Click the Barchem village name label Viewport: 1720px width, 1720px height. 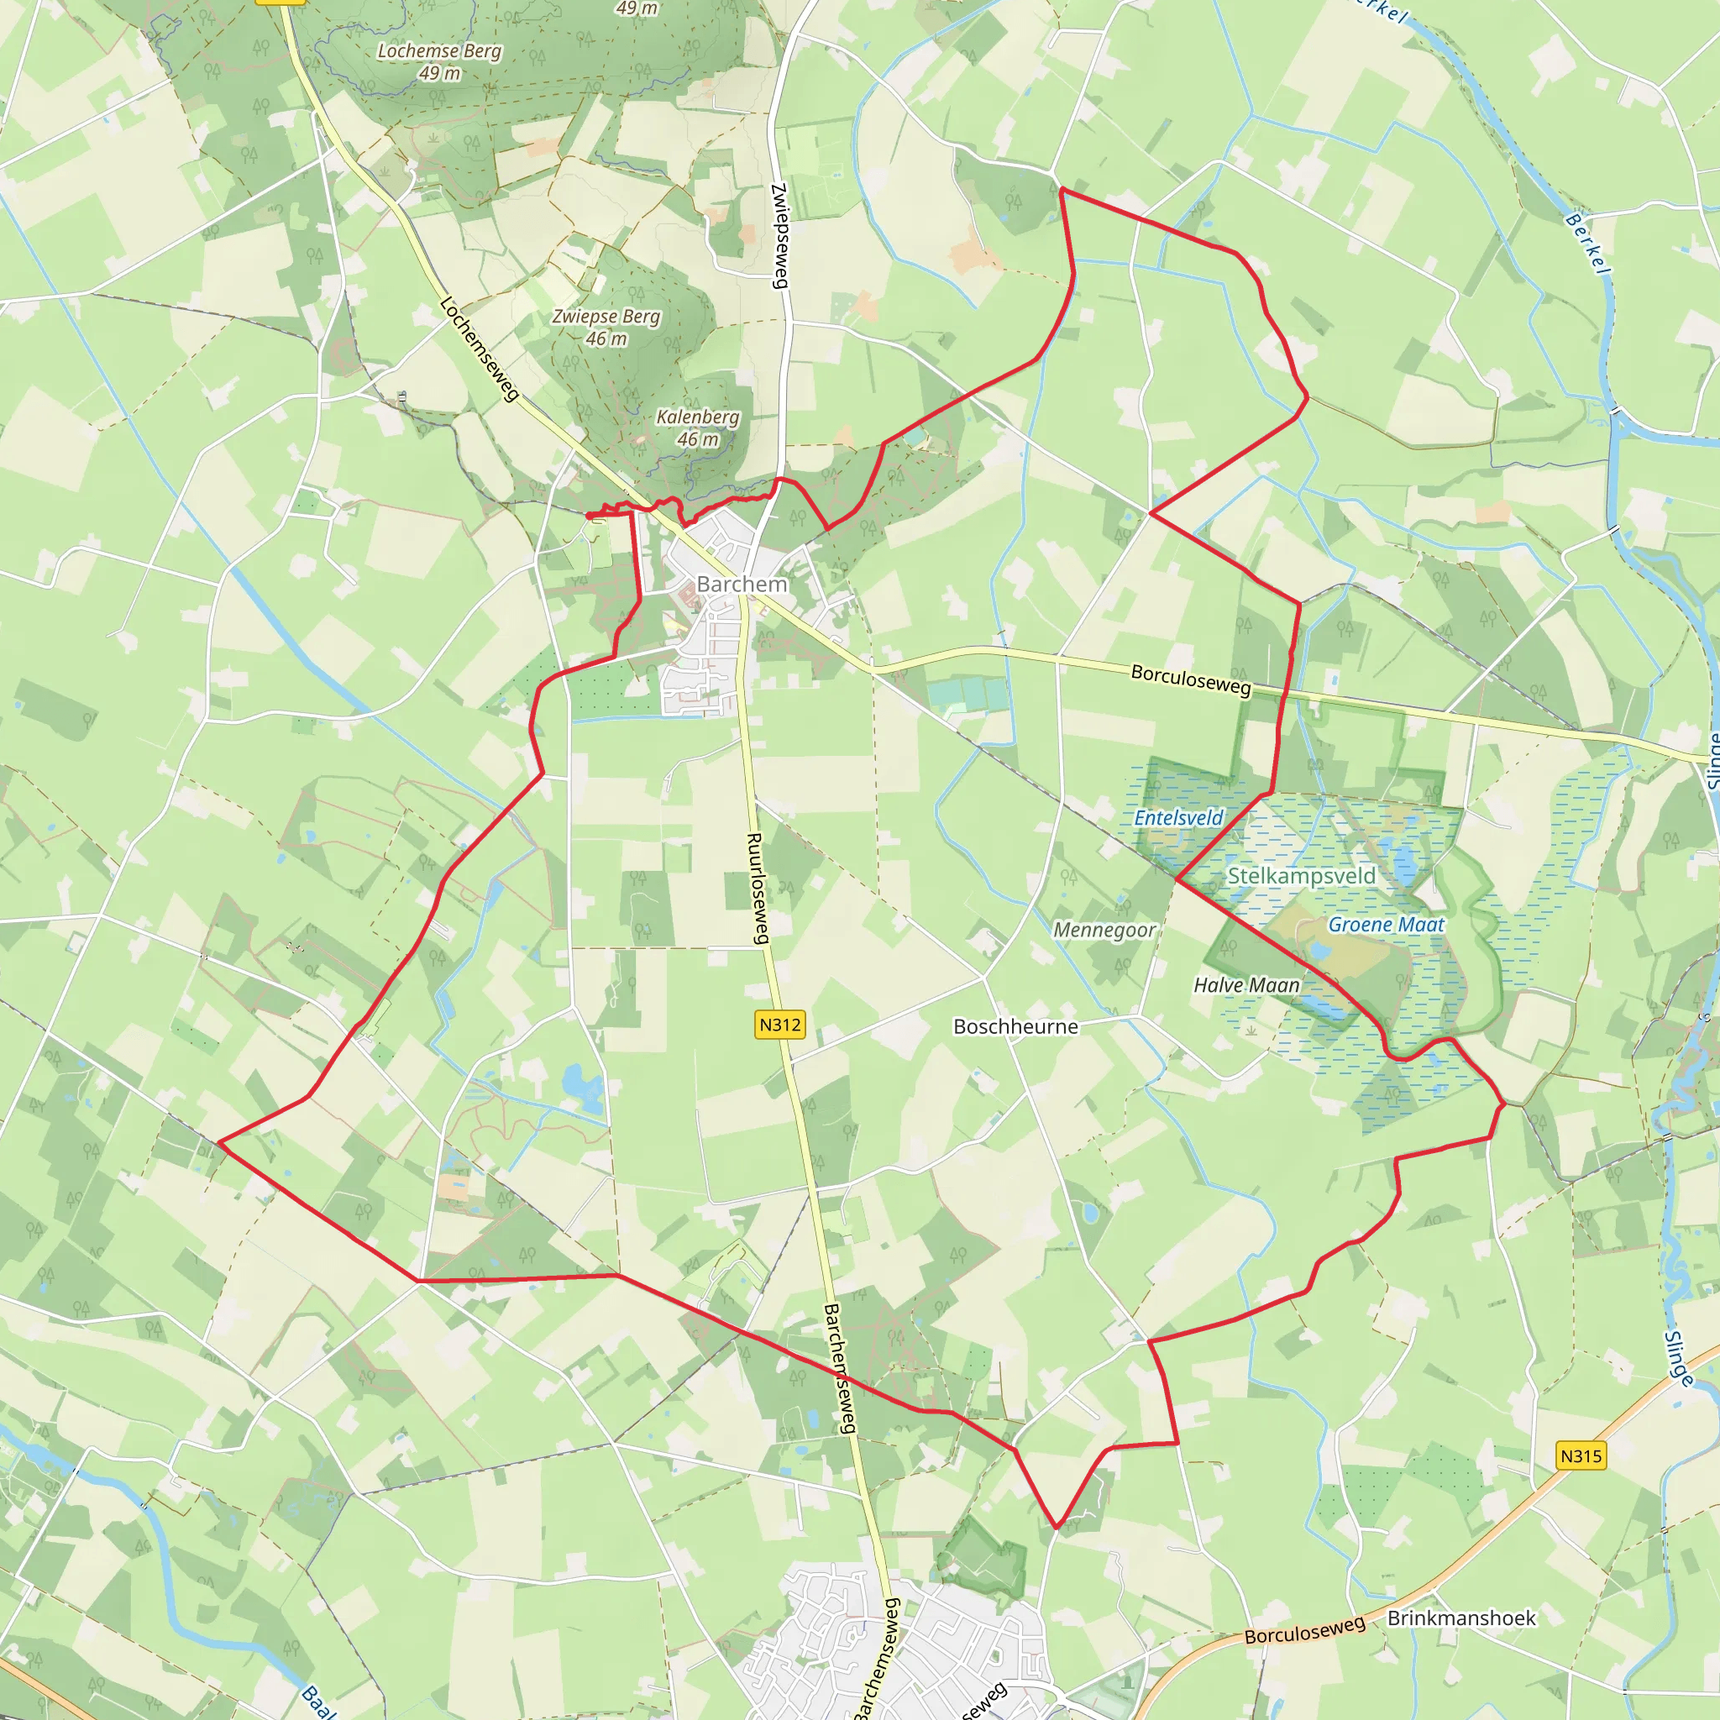point(742,584)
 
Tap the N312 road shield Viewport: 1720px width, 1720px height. point(780,1025)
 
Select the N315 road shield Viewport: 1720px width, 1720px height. point(1581,1455)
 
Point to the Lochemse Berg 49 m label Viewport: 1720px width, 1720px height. point(440,61)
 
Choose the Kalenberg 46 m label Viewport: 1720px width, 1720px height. point(698,427)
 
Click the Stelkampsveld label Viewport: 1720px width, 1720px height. point(1301,876)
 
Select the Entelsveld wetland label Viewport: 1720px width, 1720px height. point(1177,817)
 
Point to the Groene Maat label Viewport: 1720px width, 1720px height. point(1386,924)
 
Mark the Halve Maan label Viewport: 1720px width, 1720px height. point(1246,984)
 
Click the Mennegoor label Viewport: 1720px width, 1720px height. point(1104,930)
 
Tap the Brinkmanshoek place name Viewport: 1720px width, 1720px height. point(1461,1618)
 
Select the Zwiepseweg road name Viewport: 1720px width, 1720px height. point(780,235)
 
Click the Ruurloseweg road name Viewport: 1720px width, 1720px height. point(758,888)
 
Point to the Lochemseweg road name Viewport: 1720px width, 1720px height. point(479,349)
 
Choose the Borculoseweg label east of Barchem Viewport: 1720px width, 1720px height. point(1190,679)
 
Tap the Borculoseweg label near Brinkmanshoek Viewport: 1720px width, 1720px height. point(1304,1630)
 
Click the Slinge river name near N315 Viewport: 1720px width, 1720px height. point(1679,1358)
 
